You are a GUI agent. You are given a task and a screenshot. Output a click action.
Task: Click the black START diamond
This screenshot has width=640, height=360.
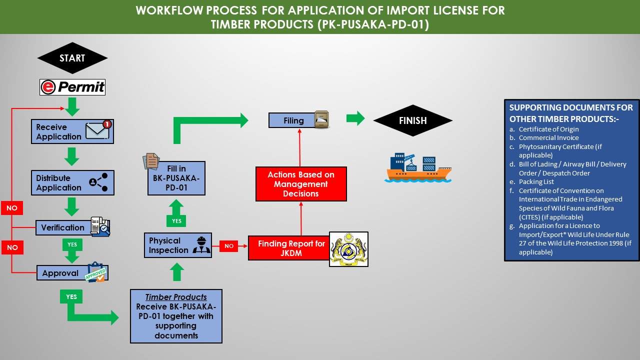(x=72, y=58)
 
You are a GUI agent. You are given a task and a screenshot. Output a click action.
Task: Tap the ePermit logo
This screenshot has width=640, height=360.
(x=72, y=87)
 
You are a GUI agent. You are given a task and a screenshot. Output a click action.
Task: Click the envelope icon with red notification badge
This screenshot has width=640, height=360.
(x=98, y=130)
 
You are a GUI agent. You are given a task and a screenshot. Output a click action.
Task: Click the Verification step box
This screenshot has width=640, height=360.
(x=63, y=227)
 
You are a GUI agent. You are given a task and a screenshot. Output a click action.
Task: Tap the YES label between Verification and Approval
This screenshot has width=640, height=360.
(x=72, y=244)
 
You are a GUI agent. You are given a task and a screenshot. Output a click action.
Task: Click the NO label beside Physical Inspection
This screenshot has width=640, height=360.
(x=229, y=246)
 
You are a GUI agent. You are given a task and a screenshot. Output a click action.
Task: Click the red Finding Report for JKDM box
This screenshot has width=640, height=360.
(x=289, y=248)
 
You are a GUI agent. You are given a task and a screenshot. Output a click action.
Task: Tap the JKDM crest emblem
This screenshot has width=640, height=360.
(x=348, y=249)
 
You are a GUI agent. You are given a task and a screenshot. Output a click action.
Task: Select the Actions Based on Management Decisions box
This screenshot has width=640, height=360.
(x=301, y=184)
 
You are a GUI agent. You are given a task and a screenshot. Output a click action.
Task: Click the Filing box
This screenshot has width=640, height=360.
(x=293, y=120)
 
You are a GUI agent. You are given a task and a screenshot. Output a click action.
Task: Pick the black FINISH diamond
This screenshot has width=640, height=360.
(x=412, y=120)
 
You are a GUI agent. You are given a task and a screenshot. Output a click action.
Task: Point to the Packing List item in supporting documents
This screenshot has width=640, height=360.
(x=536, y=182)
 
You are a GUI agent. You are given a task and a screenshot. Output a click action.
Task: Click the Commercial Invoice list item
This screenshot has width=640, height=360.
(x=548, y=138)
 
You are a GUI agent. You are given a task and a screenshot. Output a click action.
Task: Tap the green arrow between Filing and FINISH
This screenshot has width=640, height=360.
(x=355, y=118)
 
